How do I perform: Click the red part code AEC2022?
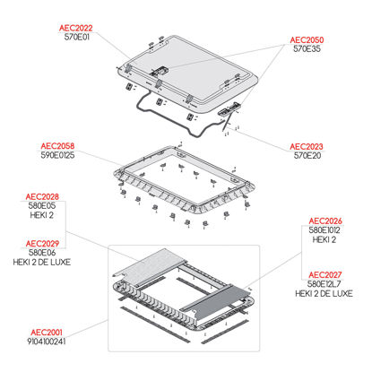(x=76, y=28)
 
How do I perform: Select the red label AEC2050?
(x=307, y=40)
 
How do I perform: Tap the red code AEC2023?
(x=307, y=147)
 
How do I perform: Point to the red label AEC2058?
(x=57, y=146)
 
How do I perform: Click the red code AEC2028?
(x=42, y=197)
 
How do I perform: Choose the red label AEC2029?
(x=42, y=244)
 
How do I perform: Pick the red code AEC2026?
(x=325, y=221)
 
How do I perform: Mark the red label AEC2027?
(x=325, y=275)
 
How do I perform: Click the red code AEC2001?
(x=47, y=333)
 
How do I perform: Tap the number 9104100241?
(x=47, y=342)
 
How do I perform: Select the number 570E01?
(x=77, y=37)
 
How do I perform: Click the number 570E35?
(x=307, y=49)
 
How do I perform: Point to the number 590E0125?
(x=57, y=155)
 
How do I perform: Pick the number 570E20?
(x=307, y=156)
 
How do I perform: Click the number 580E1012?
(x=324, y=230)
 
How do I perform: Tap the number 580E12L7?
(x=324, y=284)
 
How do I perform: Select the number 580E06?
(x=42, y=253)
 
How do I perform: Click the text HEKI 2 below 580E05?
(x=42, y=215)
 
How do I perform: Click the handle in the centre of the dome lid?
(x=159, y=72)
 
